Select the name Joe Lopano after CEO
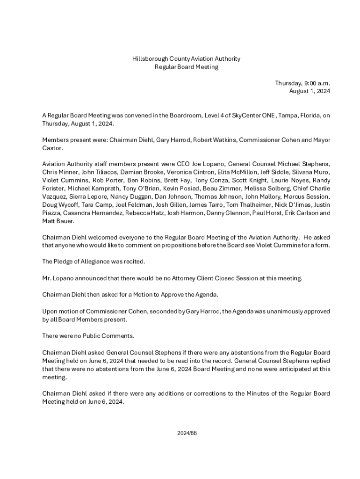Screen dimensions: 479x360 206,164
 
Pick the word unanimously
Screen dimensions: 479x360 278,312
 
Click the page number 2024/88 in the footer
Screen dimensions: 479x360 187,433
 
